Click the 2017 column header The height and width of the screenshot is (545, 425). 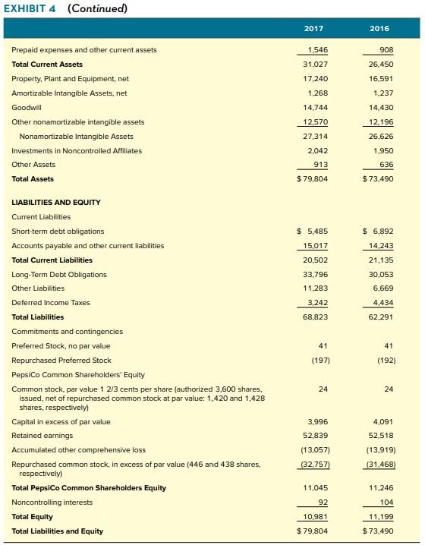(x=313, y=28)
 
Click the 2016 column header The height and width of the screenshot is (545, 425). (x=379, y=28)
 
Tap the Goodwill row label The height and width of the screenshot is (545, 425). (x=27, y=107)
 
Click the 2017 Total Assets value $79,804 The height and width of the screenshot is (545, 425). (x=313, y=178)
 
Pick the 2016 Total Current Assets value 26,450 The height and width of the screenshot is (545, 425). (x=379, y=64)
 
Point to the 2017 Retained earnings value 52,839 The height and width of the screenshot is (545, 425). (x=313, y=435)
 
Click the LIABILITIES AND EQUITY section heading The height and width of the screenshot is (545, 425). (x=56, y=202)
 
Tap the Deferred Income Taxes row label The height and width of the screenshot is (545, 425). (x=51, y=302)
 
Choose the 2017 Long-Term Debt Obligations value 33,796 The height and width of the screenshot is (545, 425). (x=313, y=274)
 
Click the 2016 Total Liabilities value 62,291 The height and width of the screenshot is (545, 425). (x=379, y=317)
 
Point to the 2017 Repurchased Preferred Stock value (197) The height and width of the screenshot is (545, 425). (x=313, y=360)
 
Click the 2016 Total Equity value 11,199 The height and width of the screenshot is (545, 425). (x=379, y=516)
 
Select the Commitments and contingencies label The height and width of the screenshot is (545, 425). (x=67, y=331)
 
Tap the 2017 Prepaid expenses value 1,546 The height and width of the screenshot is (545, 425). (x=313, y=49)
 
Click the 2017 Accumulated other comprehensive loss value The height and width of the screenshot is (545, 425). (x=313, y=449)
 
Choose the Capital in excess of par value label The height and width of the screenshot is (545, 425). (x=61, y=421)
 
